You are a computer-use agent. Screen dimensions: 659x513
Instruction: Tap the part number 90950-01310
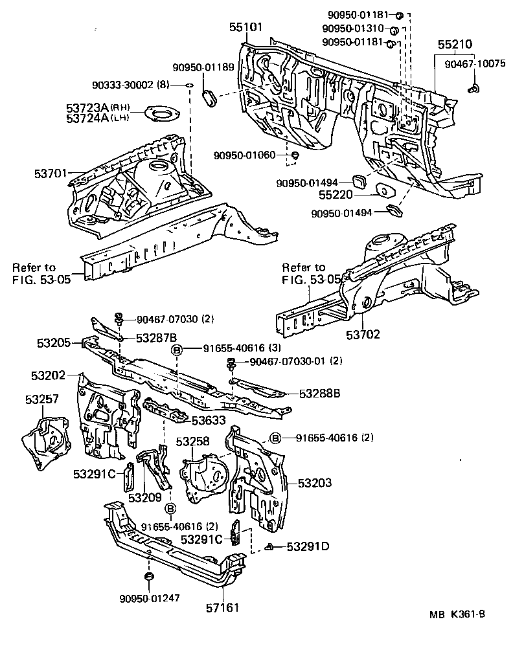click(354, 29)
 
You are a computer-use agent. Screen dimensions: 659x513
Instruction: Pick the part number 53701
click(51, 173)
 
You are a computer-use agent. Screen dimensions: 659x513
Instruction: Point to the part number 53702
click(363, 335)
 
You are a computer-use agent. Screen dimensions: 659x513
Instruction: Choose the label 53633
click(208, 420)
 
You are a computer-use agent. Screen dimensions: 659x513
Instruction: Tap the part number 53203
click(315, 483)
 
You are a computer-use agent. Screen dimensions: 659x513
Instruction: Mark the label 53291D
click(308, 546)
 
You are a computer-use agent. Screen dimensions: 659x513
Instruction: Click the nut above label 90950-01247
click(148, 576)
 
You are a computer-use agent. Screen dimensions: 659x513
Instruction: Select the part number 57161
click(222, 608)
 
